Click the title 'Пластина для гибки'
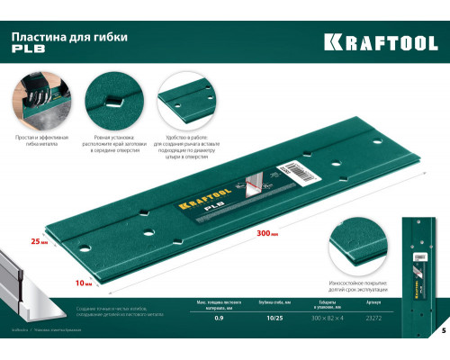(x=68, y=37)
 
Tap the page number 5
(x=441, y=336)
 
